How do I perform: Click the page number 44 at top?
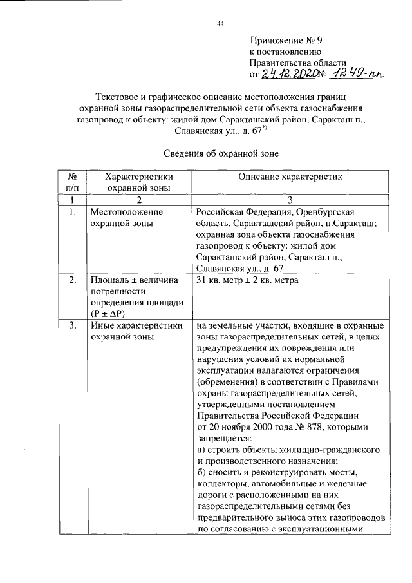coord(220,24)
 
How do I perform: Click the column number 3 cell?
coord(290,200)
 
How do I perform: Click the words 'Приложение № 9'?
coord(281,39)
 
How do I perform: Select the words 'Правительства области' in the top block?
coord(293,62)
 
